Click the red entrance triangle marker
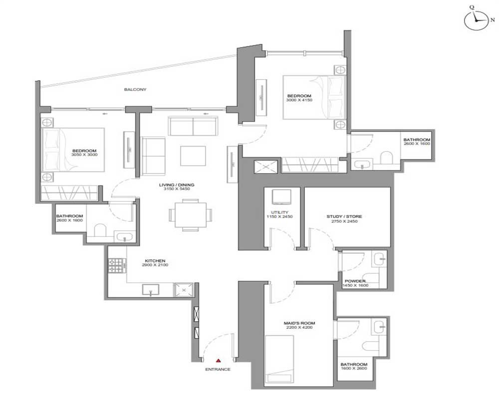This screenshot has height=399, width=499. click(x=219, y=361)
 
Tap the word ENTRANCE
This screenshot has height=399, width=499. click(x=218, y=370)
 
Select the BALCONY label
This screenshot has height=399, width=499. click(x=135, y=89)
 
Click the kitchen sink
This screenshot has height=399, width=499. click(x=151, y=290)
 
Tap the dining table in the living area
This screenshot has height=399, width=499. click(x=190, y=215)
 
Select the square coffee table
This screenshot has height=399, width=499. click(x=193, y=156)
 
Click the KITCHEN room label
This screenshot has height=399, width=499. click(x=155, y=261)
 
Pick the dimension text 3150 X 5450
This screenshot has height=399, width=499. click(x=177, y=189)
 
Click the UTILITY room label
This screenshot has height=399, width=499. click(x=280, y=212)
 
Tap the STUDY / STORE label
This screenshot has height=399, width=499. click(x=344, y=216)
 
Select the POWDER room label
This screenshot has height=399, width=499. click(x=355, y=281)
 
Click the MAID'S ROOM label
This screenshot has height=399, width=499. click(x=299, y=323)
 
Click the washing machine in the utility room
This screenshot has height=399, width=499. click(x=281, y=197)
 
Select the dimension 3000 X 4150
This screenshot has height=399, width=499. click(x=299, y=100)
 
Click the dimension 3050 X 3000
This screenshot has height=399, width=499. click(x=84, y=155)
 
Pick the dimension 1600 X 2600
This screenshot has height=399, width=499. click(x=354, y=368)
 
